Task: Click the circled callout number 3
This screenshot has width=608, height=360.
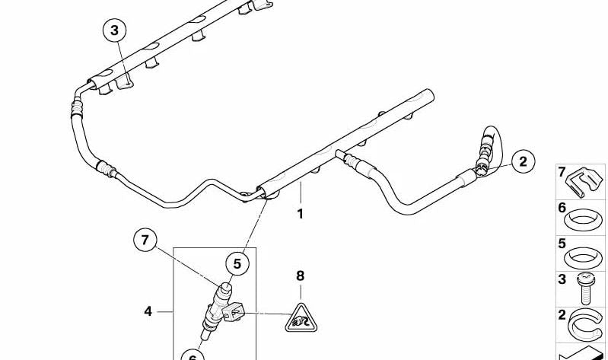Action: click(x=114, y=30)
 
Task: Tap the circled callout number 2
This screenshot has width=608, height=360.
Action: click(x=523, y=161)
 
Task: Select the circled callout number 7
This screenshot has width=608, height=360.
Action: click(x=145, y=241)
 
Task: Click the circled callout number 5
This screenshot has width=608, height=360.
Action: click(x=237, y=264)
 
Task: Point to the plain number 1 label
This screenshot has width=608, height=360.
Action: click(x=300, y=214)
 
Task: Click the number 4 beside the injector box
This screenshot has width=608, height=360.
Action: click(x=148, y=311)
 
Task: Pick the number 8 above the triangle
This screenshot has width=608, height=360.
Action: click(x=300, y=276)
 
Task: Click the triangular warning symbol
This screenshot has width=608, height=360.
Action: click(x=301, y=320)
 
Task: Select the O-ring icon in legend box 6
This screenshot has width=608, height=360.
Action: click(x=584, y=219)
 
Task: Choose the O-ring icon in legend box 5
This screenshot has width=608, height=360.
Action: click(x=584, y=257)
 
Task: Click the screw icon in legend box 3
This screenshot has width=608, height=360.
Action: click(x=584, y=288)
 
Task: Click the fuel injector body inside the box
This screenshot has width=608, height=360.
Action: click(x=217, y=307)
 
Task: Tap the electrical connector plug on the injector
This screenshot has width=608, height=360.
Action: click(x=234, y=312)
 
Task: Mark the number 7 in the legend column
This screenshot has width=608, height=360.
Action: click(x=562, y=172)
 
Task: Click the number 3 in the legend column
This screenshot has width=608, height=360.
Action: click(x=562, y=279)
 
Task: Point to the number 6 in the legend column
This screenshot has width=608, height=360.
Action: click(x=562, y=208)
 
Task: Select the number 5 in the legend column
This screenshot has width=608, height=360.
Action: click(x=562, y=244)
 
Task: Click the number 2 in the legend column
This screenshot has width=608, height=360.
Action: click(x=562, y=314)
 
